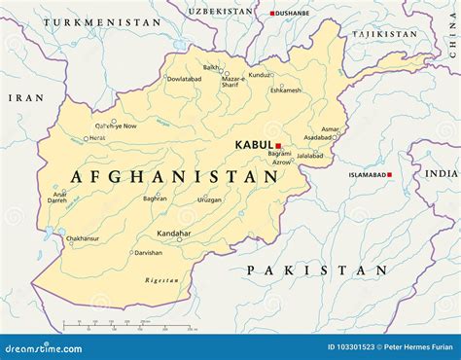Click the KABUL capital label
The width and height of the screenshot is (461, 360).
[x=253, y=145]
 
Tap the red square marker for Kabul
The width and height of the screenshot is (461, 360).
[x=277, y=146]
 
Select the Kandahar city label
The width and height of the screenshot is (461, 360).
[x=174, y=234]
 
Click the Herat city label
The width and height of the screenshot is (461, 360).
[x=96, y=138]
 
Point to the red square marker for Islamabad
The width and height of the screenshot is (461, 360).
[x=389, y=175]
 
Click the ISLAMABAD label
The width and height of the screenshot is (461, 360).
[x=367, y=175]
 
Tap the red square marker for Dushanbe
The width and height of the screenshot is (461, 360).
[x=273, y=14]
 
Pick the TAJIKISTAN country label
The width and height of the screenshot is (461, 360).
[x=384, y=34]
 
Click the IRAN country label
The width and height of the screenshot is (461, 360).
[x=25, y=97]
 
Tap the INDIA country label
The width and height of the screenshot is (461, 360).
[x=441, y=172]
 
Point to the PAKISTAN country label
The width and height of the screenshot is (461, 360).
[x=316, y=270]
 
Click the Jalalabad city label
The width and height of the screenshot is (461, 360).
[x=309, y=156]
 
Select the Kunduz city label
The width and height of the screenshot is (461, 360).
[x=259, y=75]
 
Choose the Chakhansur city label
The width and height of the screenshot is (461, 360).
[x=83, y=237]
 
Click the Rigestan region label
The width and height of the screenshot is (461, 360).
[x=161, y=280]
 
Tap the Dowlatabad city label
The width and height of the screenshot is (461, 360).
[x=184, y=79]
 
